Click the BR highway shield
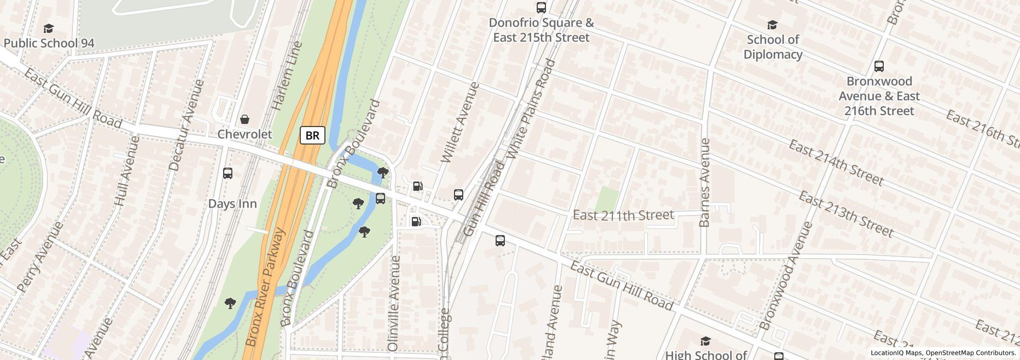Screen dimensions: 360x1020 313,135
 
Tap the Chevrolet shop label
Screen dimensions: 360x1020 245,134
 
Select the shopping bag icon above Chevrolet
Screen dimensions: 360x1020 245,119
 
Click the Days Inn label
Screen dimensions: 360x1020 232,204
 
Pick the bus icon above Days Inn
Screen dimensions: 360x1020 228,173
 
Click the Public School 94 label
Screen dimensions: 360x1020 49,43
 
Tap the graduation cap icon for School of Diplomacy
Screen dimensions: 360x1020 772,25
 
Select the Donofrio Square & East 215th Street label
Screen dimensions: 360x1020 541,30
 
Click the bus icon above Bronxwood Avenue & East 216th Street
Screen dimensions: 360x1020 879,66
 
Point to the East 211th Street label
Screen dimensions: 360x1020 623,215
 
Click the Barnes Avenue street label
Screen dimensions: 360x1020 705,182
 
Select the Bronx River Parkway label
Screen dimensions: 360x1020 265,287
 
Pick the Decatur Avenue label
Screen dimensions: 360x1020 187,125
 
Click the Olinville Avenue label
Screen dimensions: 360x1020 394,303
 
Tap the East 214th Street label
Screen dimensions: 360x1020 836,163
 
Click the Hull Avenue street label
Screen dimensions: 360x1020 126,171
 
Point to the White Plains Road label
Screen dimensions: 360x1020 531,109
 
